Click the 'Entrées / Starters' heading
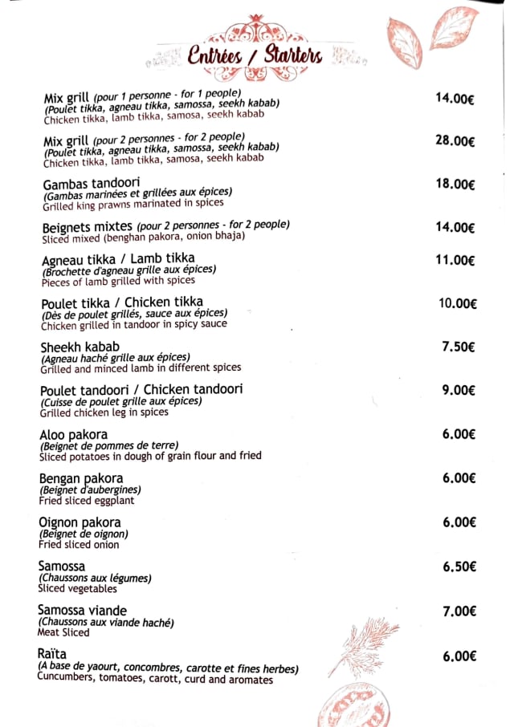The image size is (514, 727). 255,55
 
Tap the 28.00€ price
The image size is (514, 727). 455,141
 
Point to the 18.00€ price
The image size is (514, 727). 455,184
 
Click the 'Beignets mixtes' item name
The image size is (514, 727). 87,226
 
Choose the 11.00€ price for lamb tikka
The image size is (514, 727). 455,260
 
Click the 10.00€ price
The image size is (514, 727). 458,303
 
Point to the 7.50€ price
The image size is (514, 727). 459,347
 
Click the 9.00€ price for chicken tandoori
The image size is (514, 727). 459,391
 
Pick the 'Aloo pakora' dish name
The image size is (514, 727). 74,435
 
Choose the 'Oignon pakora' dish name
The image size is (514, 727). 80,522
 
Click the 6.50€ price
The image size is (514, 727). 459,567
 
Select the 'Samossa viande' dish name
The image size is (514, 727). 82,611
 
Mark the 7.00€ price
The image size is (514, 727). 459,611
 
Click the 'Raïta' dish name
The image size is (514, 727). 52,654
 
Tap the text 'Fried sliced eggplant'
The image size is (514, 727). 87,501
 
